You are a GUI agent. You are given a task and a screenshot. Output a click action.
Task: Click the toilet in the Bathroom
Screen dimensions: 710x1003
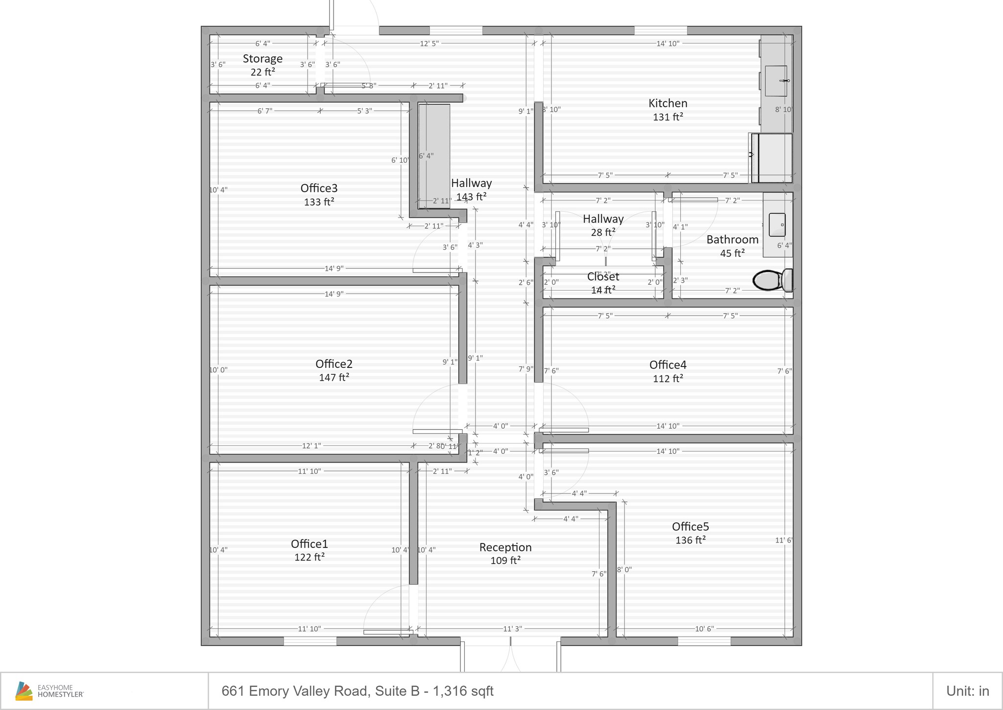pyautogui.click(x=772, y=280)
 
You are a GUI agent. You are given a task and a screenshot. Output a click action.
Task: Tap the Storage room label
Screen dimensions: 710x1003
pyautogui.click(x=263, y=59)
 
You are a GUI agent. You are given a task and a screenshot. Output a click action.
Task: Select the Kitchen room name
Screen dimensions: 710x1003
pyautogui.click(x=668, y=103)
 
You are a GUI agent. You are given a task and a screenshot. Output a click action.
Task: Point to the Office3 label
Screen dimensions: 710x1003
pyautogui.click(x=319, y=188)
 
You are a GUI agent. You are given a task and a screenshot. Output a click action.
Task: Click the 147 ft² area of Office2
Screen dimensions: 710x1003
pyautogui.click(x=334, y=377)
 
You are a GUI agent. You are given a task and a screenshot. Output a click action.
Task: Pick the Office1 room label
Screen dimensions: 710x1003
pyautogui.click(x=309, y=544)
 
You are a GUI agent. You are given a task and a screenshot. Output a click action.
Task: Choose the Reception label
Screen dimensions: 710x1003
pyautogui.click(x=505, y=547)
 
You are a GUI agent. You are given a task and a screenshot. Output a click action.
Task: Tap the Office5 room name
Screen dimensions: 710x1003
pyautogui.click(x=690, y=527)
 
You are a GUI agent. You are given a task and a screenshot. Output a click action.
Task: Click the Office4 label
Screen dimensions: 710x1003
pyautogui.click(x=668, y=365)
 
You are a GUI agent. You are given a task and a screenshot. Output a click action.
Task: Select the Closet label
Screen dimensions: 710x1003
pyautogui.click(x=603, y=277)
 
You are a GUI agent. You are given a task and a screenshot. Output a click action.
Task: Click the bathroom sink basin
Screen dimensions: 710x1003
pyautogui.click(x=777, y=225)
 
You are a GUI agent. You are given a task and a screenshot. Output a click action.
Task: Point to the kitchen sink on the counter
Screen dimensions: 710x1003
pyautogui.click(x=776, y=81)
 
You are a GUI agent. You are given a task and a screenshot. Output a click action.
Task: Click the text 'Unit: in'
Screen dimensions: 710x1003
pyautogui.click(x=967, y=691)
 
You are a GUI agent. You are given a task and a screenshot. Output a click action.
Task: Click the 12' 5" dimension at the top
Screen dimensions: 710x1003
pyautogui.click(x=429, y=44)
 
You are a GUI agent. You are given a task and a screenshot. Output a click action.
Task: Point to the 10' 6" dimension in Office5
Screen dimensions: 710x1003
pyautogui.click(x=704, y=629)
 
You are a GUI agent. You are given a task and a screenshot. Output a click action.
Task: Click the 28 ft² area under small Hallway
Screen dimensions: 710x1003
pyautogui.click(x=603, y=232)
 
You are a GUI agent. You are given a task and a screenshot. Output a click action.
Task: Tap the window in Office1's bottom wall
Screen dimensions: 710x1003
pyautogui.click(x=310, y=641)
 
